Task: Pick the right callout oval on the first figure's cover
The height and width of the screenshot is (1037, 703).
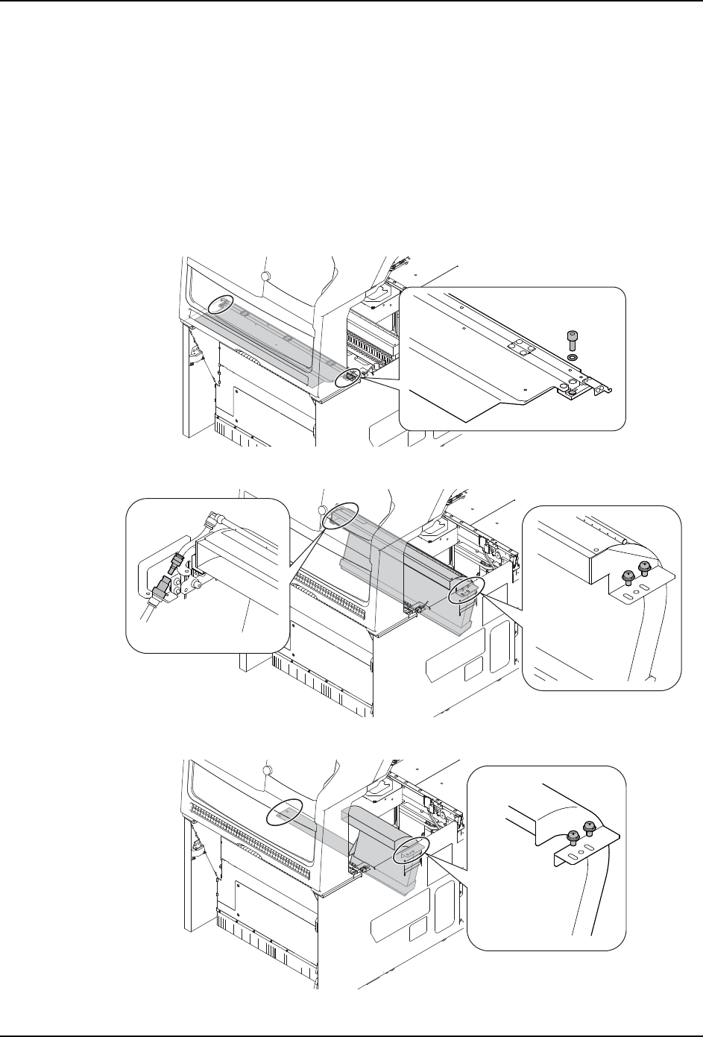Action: [x=348, y=377]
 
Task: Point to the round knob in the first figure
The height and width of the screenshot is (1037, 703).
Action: [x=265, y=277]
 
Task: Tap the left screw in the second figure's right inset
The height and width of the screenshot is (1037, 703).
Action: [x=628, y=575]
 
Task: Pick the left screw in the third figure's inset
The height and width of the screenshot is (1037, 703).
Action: [x=573, y=836]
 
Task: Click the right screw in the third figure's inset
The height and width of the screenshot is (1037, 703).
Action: [x=588, y=827]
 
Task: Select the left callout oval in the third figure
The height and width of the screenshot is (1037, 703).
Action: [x=285, y=812]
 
